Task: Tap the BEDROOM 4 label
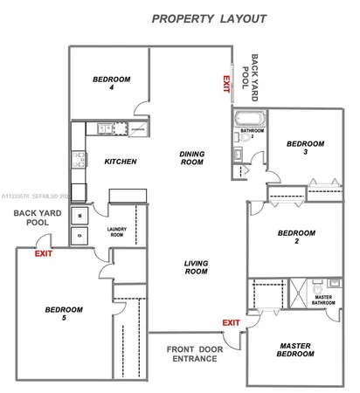pos(111,83)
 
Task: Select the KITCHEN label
pos(120,162)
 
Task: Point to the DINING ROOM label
pos(192,157)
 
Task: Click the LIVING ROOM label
pos(196,266)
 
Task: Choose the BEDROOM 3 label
pos(306,148)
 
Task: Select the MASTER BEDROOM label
pos(294,350)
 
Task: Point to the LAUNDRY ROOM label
pos(116,233)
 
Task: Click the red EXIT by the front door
pos(231,323)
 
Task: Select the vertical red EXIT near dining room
pos(225,84)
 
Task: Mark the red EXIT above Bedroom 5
pos(42,253)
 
